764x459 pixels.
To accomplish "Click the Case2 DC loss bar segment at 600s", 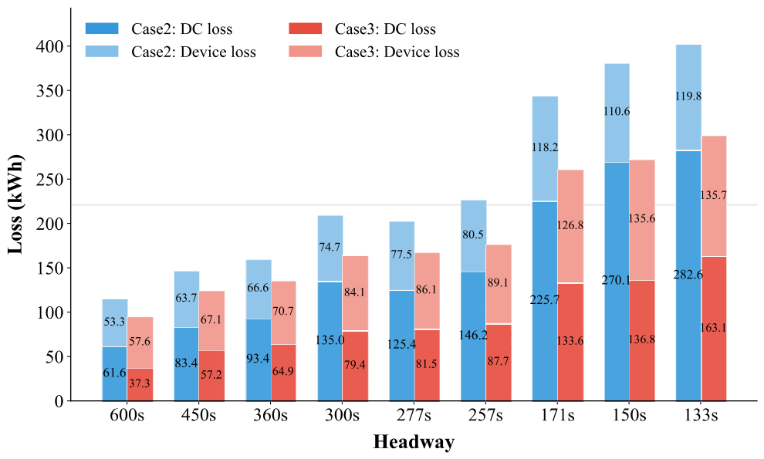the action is [x=115, y=373].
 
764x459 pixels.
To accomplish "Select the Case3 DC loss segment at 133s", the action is [x=714, y=329].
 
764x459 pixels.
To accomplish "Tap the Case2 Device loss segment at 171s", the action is [x=546, y=149].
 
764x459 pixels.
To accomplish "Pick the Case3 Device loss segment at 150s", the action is [x=642, y=220].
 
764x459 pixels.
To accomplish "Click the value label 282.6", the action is [x=688, y=275].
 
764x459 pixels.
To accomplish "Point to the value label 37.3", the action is [x=140, y=383].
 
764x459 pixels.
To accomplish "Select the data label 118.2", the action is [x=545, y=147].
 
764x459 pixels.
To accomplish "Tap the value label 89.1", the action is [x=498, y=282].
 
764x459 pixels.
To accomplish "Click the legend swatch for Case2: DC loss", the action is [x=102, y=29].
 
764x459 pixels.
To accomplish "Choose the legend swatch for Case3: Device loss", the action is [x=306, y=52].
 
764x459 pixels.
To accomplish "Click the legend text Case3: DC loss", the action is [x=385, y=29].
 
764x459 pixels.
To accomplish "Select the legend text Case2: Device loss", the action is [x=194, y=52].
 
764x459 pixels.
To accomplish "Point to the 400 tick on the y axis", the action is [x=50, y=46].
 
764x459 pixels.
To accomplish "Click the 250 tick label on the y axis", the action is [x=50, y=179].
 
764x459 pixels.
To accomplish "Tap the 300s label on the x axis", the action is [x=342, y=416].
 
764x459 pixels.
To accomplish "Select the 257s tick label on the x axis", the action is [x=485, y=416].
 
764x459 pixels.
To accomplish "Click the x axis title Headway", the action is [x=414, y=442].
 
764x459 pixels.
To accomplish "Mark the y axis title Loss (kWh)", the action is [x=15, y=204].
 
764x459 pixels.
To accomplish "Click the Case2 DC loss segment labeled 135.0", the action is [x=330, y=341].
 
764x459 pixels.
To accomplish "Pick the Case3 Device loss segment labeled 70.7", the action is [x=283, y=313].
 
